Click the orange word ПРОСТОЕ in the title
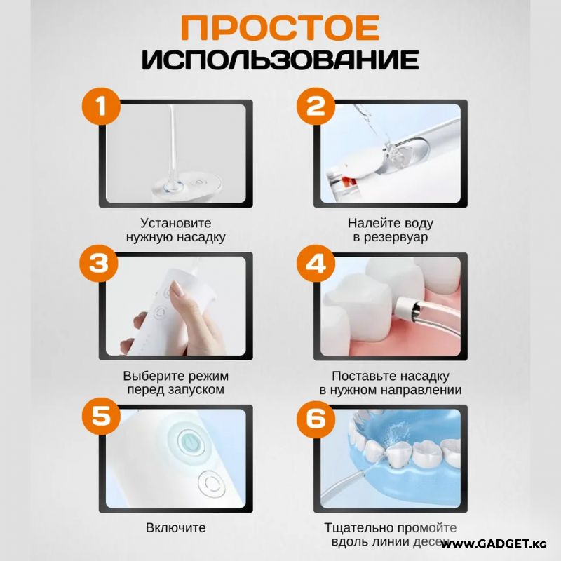pos(280,28)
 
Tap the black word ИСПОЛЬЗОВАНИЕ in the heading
pos(280,59)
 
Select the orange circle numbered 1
pos(101,106)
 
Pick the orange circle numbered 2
pos(316,106)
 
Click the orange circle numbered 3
pos(99,264)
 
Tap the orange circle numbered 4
pos(316,264)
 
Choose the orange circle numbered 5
pos(101,416)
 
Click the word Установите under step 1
pos(176,223)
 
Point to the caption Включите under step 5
pos(176,528)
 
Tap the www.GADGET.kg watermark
pos(494,544)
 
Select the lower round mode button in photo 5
pos(212,484)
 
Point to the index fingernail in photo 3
pos(177,289)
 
